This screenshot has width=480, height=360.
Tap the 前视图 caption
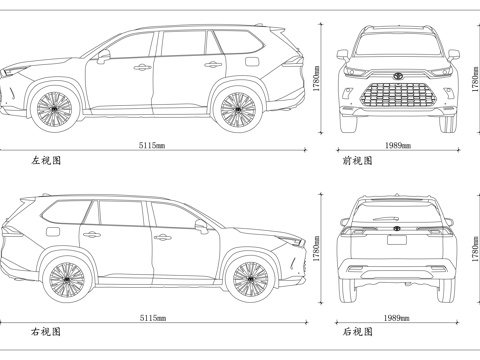click(357, 160)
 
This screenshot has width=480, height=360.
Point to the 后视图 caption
click(357, 331)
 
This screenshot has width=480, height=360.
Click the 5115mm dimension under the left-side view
click(153, 146)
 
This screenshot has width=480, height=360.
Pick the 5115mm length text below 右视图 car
click(153, 317)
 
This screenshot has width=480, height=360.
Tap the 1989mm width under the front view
click(397, 146)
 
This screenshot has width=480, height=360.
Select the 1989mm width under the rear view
click(397, 317)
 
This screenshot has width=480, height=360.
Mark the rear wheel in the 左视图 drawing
click(236, 108)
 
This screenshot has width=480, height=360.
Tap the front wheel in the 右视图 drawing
click(250, 279)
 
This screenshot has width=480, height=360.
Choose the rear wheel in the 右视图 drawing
click(67, 279)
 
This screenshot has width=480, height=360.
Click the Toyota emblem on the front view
click(397, 76)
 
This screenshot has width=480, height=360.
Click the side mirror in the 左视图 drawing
click(104, 57)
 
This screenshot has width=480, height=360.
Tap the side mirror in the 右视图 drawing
click(200, 227)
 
